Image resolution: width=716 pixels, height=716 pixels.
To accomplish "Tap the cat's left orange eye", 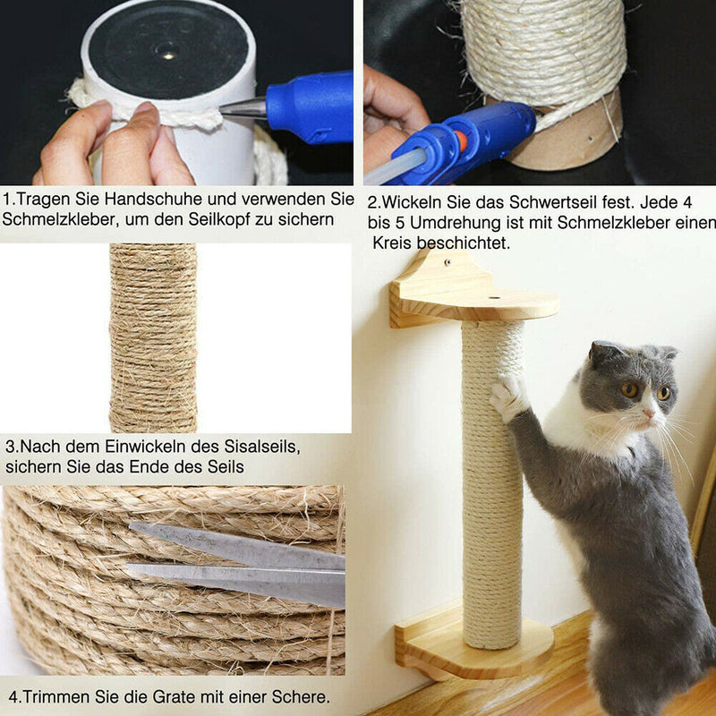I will tap(629, 389).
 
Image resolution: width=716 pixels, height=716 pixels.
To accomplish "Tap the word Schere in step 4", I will tap(300, 696).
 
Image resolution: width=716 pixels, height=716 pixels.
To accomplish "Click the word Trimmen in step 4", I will tap(53, 696).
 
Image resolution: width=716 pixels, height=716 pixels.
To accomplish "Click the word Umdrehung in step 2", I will tap(473, 223).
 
